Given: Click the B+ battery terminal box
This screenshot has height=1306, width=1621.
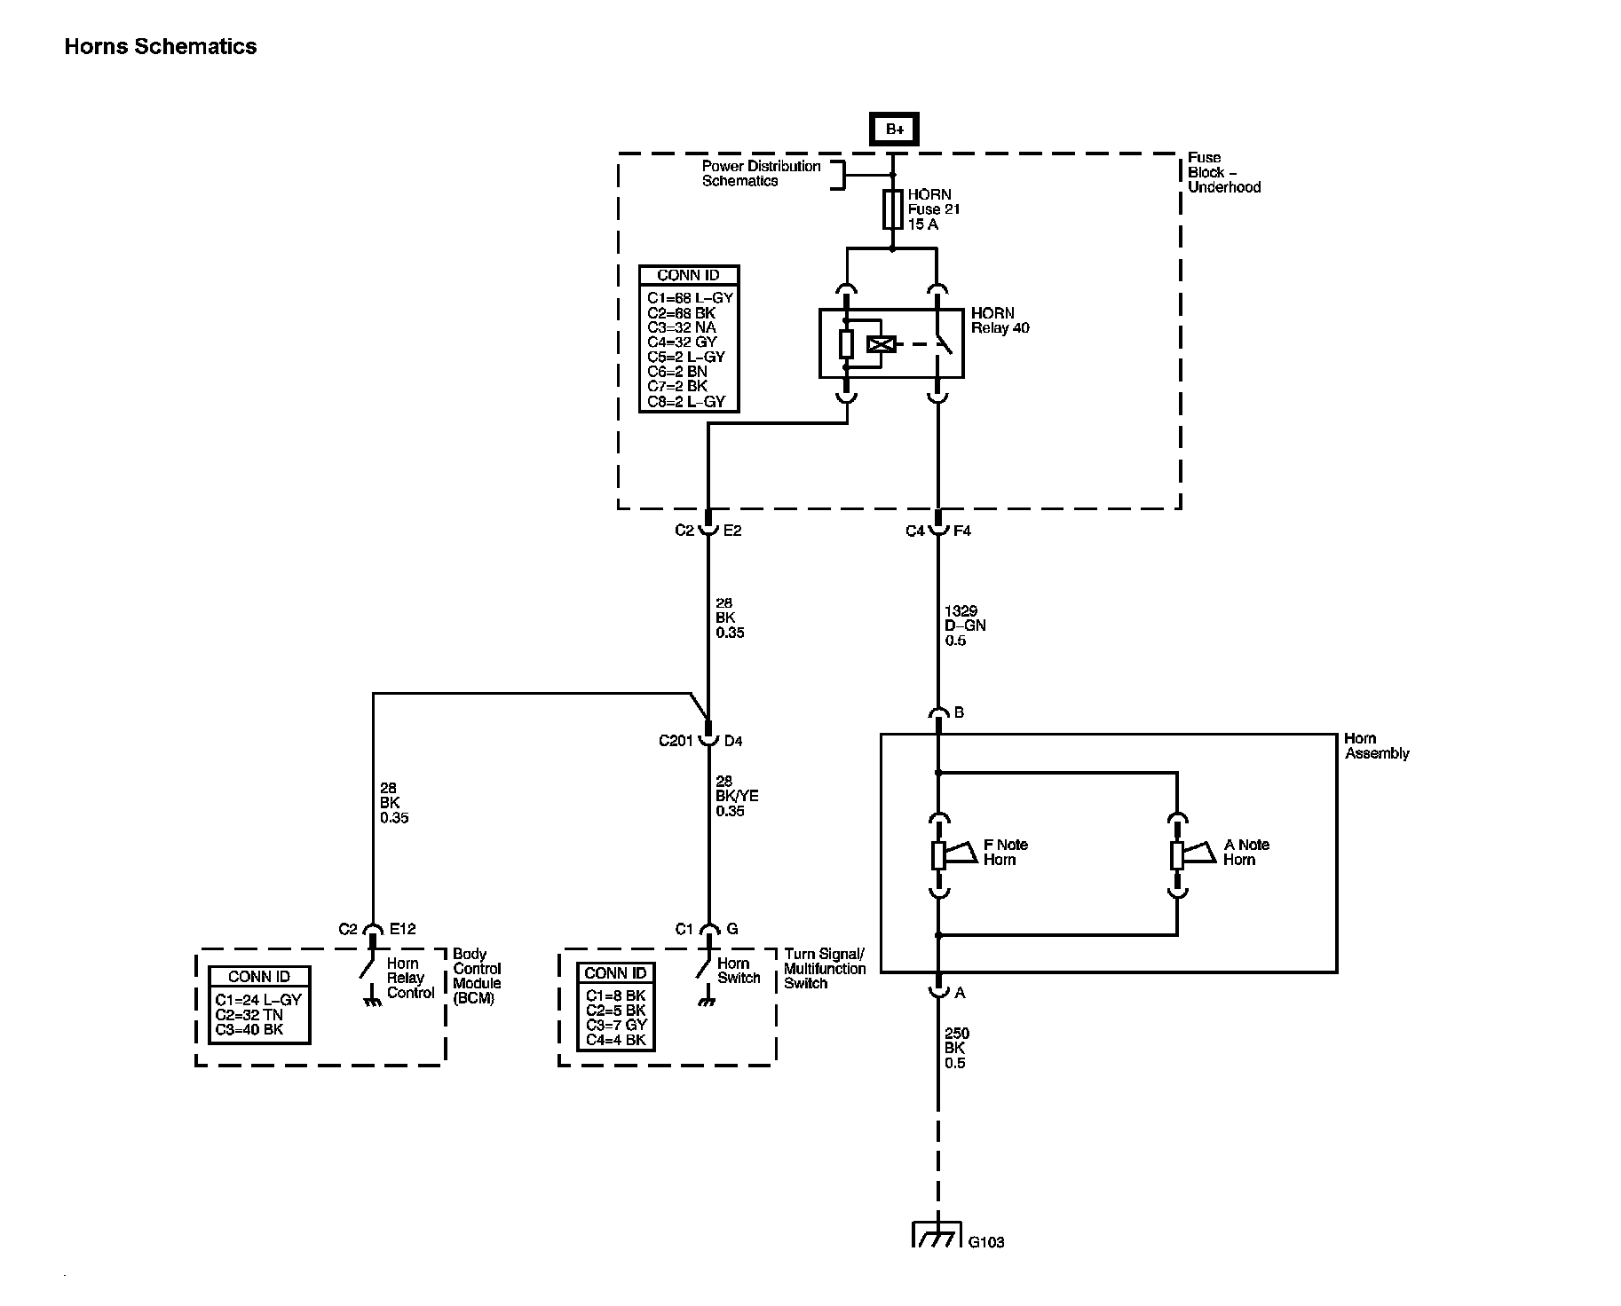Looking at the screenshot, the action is [x=893, y=130].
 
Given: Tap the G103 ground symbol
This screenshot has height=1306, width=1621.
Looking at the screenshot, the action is [x=937, y=1235].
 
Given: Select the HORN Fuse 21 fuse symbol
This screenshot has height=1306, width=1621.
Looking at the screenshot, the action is [x=893, y=209].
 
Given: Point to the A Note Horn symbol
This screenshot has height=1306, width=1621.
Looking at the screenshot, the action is [x=1194, y=854].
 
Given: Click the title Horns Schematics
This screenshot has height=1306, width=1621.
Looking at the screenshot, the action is [x=161, y=47].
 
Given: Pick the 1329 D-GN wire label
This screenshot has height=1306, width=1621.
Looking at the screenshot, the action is [x=965, y=625].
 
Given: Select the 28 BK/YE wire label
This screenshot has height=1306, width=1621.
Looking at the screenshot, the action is [x=737, y=796].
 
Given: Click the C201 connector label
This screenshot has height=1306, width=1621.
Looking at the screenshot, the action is [x=676, y=740].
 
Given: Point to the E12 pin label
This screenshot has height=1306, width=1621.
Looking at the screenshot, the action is [x=402, y=929].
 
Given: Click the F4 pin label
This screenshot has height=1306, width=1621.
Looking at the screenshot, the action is [x=962, y=531].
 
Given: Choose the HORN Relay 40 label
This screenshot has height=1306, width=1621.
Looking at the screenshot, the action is [x=1000, y=320].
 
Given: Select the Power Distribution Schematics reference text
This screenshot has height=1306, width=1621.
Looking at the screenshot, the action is [x=762, y=173].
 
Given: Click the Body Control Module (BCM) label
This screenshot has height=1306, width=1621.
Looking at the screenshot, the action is [x=478, y=976].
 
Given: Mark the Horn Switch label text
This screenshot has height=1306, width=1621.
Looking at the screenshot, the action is [x=739, y=971].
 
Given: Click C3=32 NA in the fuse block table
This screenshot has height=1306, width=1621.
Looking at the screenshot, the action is [x=682, y=327].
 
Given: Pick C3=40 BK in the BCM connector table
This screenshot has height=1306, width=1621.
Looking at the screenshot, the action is [x=249, y=1030].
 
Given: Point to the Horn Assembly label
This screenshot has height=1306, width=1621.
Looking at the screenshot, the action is [x=1376, y=746].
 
